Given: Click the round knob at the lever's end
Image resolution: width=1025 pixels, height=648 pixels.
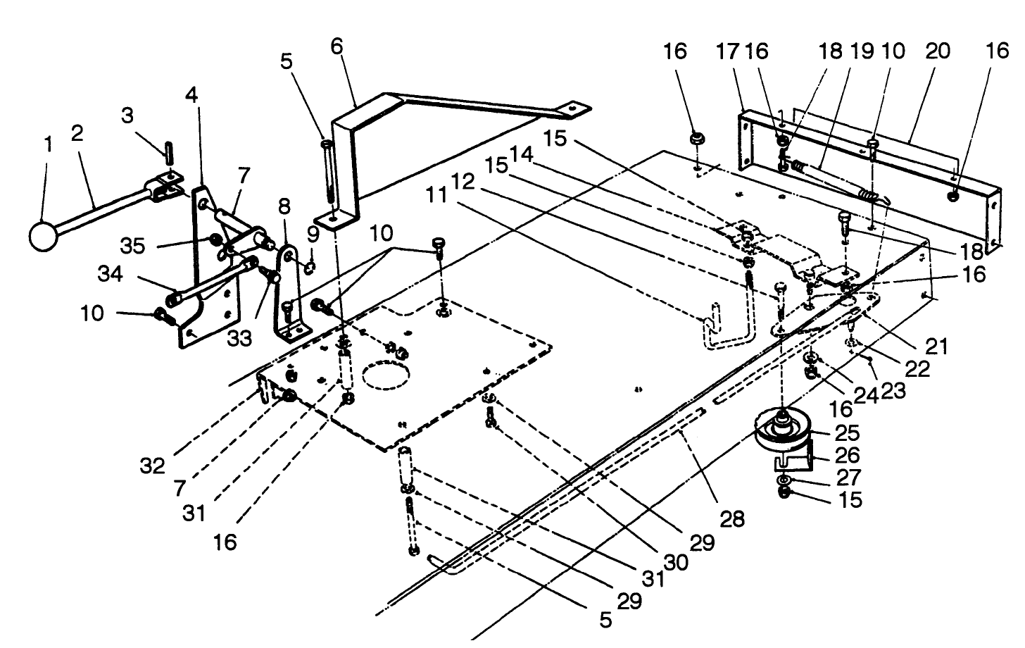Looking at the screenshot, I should coord(44,236).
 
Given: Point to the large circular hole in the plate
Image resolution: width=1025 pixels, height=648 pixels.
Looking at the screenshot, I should coord(386,373).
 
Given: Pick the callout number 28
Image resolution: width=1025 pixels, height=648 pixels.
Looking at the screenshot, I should coord(731,519).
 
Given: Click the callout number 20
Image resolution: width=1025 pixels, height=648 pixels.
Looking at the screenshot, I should coord(938,51).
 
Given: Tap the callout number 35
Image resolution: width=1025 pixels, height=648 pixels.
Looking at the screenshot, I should coord(132,246).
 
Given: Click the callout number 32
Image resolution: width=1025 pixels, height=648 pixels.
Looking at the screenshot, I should coord(153,466).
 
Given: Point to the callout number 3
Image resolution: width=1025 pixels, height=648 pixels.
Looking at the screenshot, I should coord(127,116).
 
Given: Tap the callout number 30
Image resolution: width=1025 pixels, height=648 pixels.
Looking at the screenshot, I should coord(677,563).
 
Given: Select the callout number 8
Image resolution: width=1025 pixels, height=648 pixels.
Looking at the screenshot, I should coord(284,207).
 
